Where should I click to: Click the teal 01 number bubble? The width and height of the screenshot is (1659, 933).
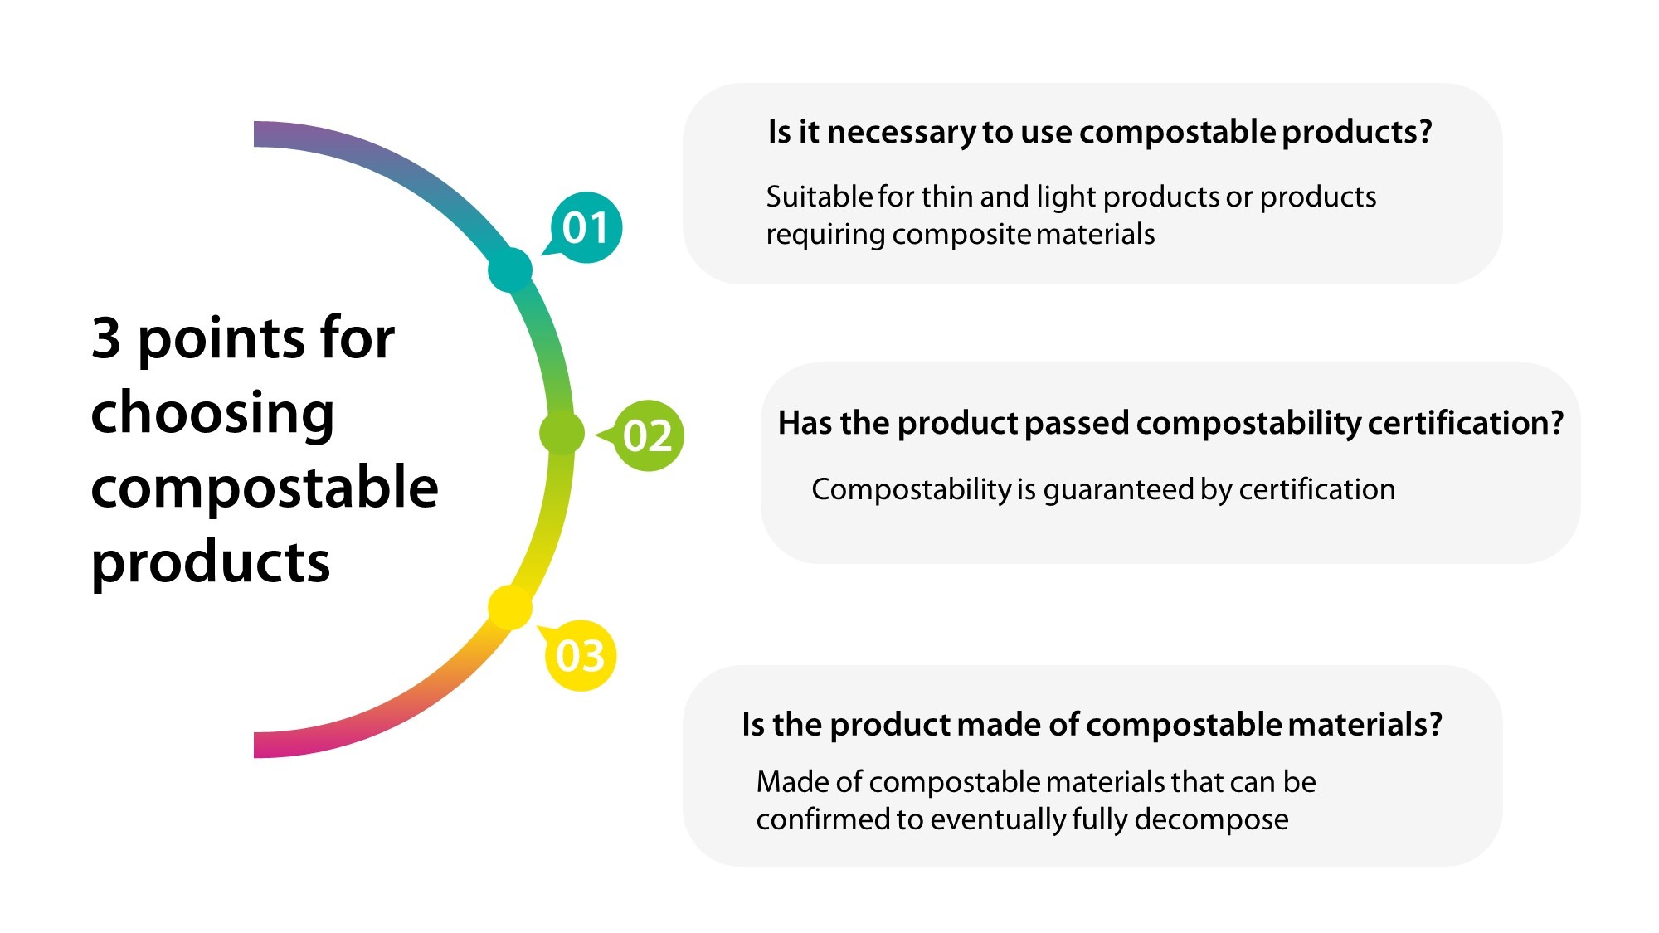pos(586,228)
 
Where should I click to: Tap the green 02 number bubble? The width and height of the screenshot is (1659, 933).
pos(648,436)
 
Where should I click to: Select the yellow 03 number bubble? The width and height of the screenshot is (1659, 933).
pos(581,656)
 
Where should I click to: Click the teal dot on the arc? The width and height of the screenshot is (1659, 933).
pos(509,270)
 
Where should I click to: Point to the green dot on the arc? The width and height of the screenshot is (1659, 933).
pos(562,432)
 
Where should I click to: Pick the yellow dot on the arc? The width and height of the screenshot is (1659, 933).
pos(509,607)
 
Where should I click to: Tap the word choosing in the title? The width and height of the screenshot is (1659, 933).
pos(212,413)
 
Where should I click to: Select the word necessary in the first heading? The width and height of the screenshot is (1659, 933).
pos(902,133)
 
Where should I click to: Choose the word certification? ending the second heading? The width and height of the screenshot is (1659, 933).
pos(1465,423)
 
